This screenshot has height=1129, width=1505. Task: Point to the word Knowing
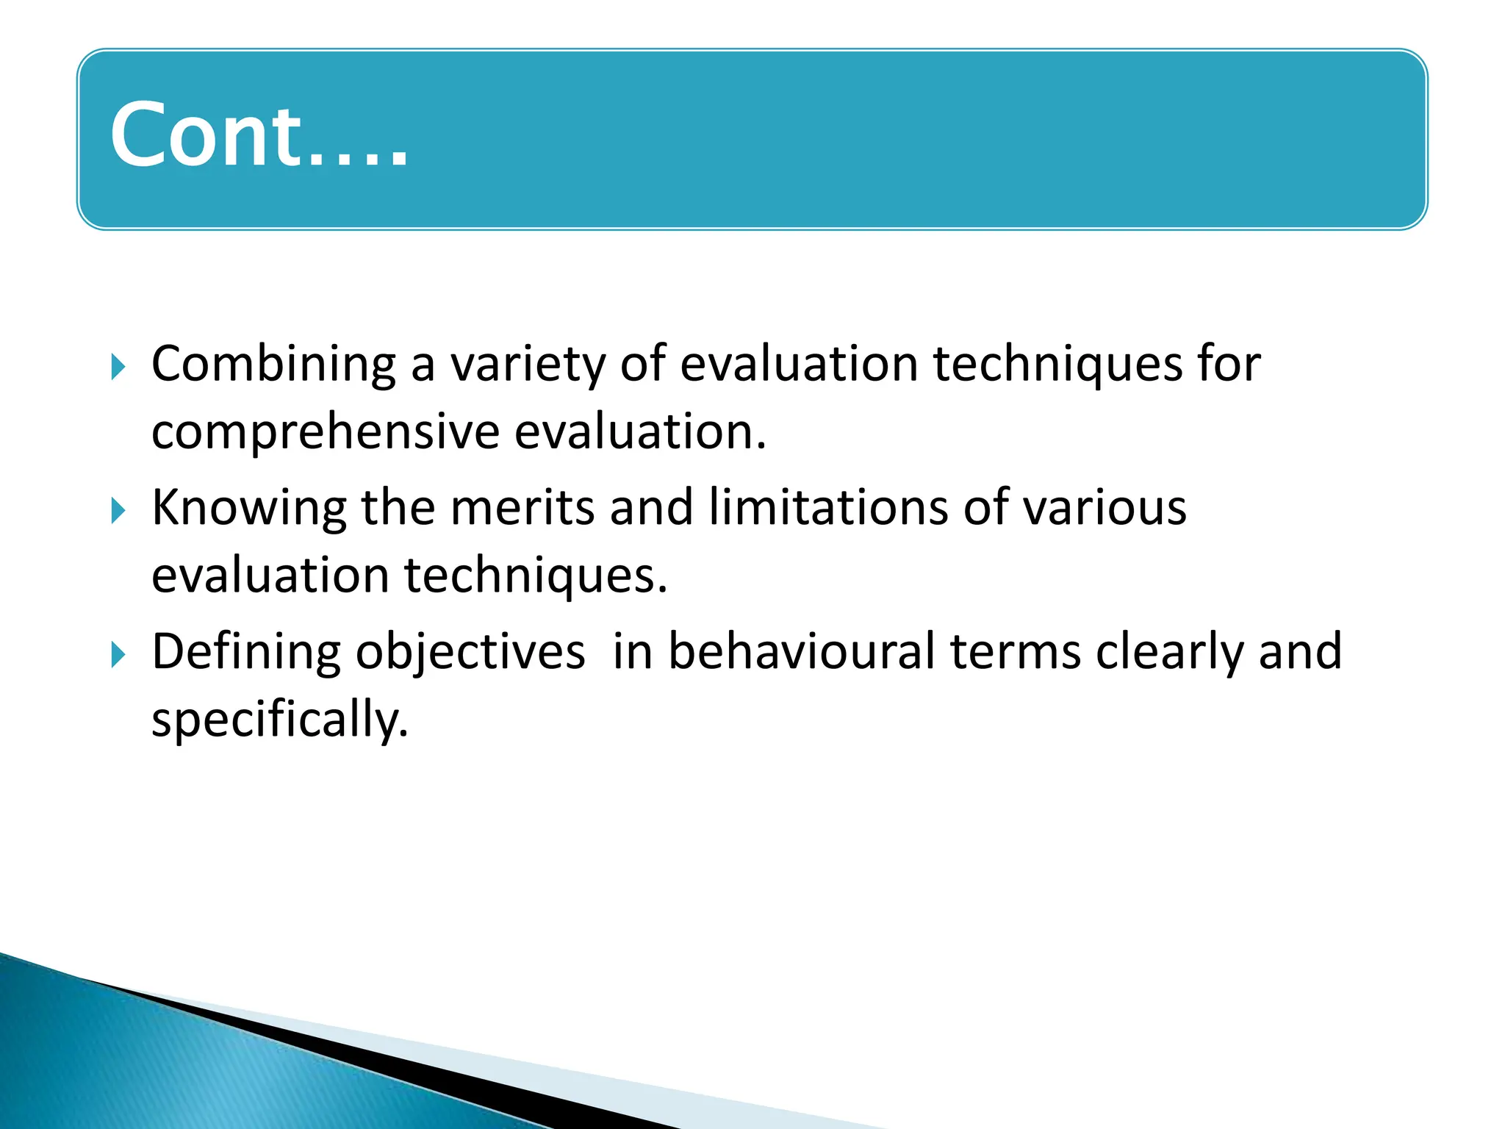(x=248, y=509)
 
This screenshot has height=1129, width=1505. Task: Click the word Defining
(x=245, y=653)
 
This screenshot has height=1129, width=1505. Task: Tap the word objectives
(x=470, y=653)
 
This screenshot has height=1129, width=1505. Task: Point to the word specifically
(x=279, y=720)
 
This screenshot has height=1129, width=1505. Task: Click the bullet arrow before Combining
(x=118, y=366)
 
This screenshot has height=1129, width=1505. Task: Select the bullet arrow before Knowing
(x=118, y=510)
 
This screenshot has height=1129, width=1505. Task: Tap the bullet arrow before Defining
(x=118, y=654)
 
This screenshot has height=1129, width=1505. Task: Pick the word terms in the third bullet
(x=1016, y=653)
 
